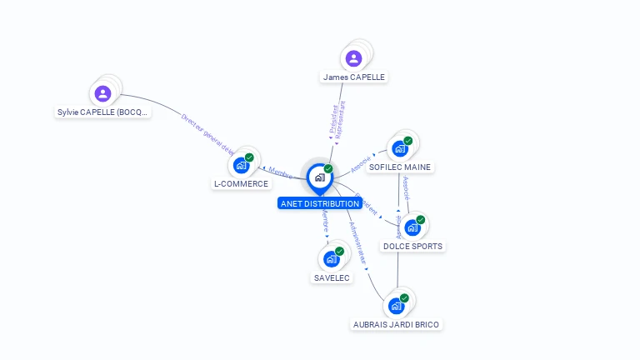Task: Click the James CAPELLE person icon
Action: point(353,58)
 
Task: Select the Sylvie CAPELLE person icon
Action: point(102,92)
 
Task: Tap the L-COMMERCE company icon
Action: point(241,165)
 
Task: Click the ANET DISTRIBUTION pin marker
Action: point(319,177)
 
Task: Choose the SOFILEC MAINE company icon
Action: point(399,148)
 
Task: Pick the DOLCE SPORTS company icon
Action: point(412,227)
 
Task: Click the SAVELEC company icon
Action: point(331,259)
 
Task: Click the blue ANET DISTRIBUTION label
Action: point(320,203)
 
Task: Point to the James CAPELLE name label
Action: point(354,77)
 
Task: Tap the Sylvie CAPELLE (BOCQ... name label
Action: point(103,112)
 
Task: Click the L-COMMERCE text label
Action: point(241,184)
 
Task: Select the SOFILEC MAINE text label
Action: point(400,167)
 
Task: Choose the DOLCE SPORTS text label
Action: point(412,247)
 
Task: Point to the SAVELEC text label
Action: point(332,277)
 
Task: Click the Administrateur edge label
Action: point(358,242)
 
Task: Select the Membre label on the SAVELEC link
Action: point(325,224)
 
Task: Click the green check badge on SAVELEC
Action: point(339,251)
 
